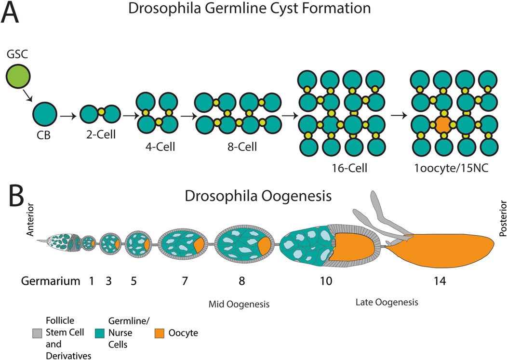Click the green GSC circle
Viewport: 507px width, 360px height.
(18, 78)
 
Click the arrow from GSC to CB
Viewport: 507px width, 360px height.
(28, 96)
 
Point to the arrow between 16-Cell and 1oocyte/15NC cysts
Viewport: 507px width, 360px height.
(397, 116)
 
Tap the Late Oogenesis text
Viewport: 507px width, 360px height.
(387, 302)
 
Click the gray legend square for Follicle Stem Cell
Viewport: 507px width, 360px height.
(33, 333)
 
